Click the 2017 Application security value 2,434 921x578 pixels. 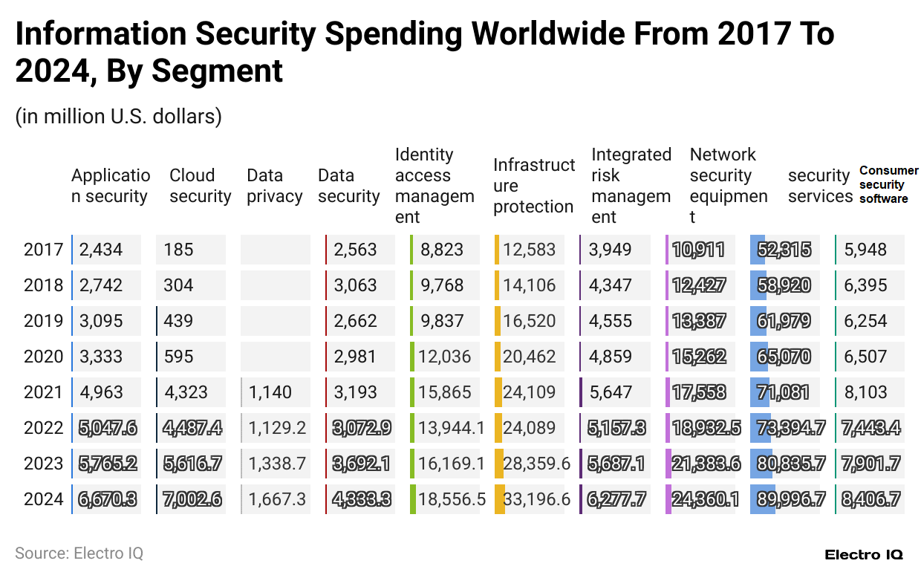[100, 250]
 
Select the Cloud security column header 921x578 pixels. [200, 186]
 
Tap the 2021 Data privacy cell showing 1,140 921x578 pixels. [270, 392]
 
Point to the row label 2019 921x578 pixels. [43, 321]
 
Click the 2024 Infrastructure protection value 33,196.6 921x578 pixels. [536, 499]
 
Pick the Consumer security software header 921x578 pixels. [888, 185]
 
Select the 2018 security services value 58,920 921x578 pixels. [784, 285]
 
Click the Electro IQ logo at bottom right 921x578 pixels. [864, 555]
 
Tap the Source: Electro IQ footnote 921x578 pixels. [79, 553]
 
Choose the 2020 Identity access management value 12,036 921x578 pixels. [445, 357]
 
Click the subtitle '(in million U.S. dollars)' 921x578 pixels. [118, 117]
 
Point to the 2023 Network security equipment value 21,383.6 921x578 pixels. [706, 464]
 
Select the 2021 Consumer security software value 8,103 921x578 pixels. [865, 392]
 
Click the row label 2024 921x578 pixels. [43, 499]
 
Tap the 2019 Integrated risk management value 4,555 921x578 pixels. [611, 321]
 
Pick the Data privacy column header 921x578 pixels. [274, 186]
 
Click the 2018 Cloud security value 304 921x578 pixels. [178, 285]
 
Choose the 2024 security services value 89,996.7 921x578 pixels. [790, 499]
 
